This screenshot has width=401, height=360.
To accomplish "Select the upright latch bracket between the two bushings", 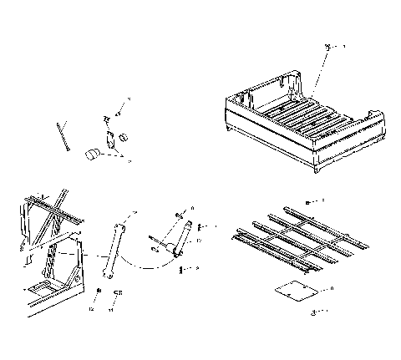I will [x=109, y=134].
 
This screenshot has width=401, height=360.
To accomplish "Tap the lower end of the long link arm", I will [x=106, y=273].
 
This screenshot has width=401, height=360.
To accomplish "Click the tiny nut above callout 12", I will [x=99, y=291].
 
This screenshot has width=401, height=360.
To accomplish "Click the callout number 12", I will [x=94, y=308].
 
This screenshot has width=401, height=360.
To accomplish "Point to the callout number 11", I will [x=111, y=309].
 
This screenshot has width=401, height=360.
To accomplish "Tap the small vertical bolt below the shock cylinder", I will [x=182, y=268].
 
